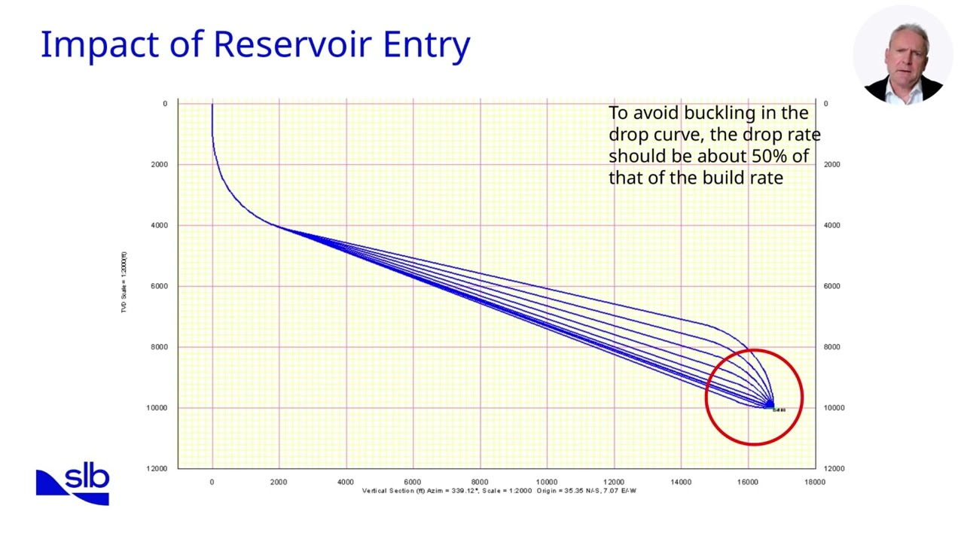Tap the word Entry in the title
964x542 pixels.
(426, 46)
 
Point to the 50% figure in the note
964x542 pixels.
(770, 156)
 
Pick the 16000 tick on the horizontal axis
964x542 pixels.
(748, 482)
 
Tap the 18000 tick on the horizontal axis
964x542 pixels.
(815, 482)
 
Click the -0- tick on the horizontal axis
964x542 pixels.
(212, 482)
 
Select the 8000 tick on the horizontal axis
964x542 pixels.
(480, 482)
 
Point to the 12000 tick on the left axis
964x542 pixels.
(157, 468)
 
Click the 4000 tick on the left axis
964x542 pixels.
(159, 225)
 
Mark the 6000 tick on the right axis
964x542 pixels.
(832, 286)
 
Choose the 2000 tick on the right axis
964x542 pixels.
(832, 164)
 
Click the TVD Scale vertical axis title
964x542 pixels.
(124, 283)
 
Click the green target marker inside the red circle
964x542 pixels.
(770, 406)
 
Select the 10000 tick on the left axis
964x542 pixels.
(157, 408)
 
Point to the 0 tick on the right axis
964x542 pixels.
(825, 104)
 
